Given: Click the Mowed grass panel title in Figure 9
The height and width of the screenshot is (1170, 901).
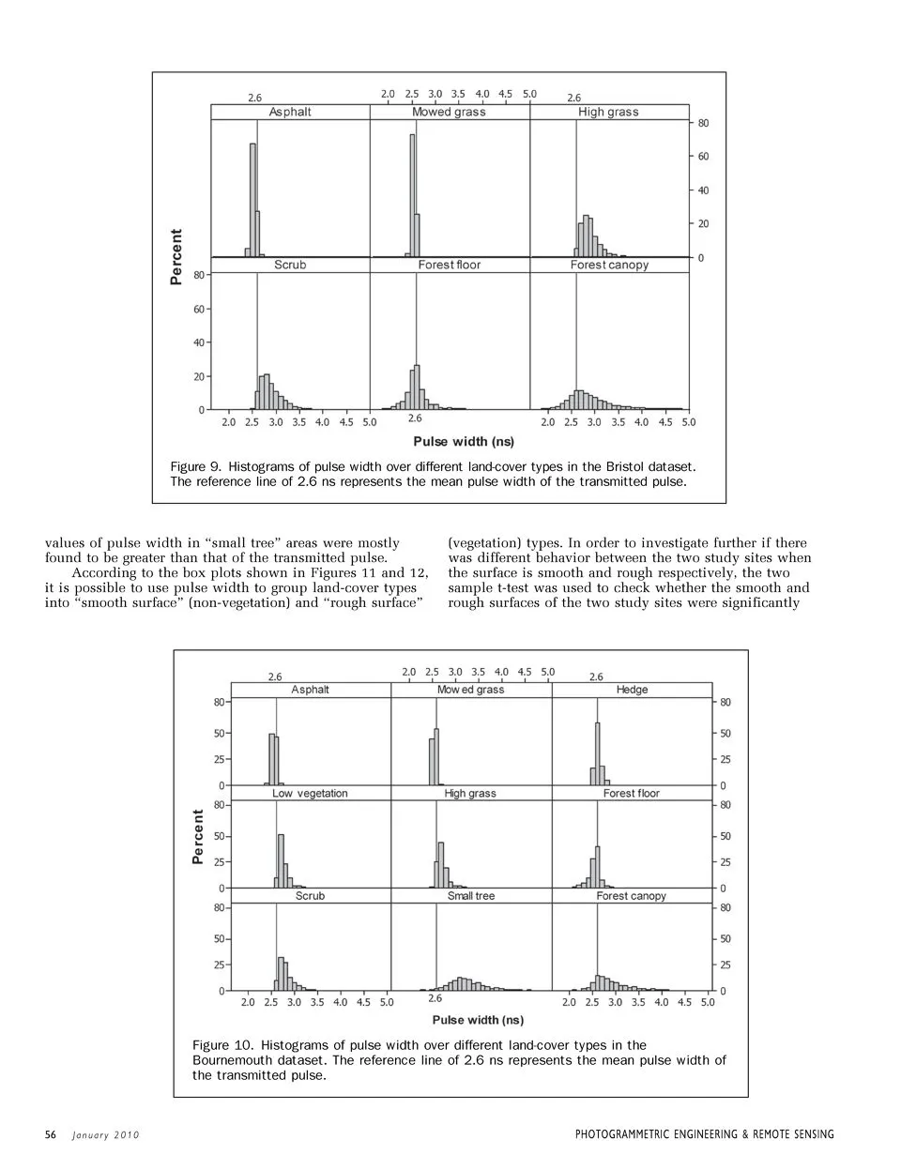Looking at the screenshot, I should (449, 112).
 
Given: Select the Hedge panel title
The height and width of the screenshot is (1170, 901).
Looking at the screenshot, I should (632, 690).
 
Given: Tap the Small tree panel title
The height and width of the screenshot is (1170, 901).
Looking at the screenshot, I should (470, 896).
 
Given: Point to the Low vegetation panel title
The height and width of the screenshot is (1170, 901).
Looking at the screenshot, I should (310, 793).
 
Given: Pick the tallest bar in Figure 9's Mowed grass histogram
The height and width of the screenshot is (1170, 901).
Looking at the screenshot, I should (412, 194).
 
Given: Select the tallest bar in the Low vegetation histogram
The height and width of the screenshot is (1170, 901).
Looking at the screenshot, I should (281, 860).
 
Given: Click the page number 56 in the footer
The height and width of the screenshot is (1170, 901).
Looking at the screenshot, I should (51, 1135).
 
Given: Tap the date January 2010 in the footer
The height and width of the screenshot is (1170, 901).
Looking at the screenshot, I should (106, 1135).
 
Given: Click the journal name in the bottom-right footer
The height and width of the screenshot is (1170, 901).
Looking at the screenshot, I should (704, 1135).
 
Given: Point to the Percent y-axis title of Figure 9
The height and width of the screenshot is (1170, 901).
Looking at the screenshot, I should (176, 256).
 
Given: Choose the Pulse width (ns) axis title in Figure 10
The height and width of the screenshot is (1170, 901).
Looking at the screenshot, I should (478, 1020).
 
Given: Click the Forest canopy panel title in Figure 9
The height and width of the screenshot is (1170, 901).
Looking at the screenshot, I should (609, 265).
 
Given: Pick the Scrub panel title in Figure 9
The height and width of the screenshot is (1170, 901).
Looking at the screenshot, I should (290, 265).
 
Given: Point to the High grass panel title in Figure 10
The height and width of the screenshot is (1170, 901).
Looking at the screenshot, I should (470, 793).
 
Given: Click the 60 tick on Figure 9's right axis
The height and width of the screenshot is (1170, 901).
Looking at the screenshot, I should (703, 157).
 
